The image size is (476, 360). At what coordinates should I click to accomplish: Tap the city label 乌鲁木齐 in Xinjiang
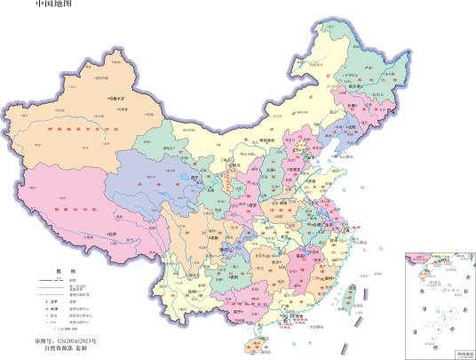pos(118,99)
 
